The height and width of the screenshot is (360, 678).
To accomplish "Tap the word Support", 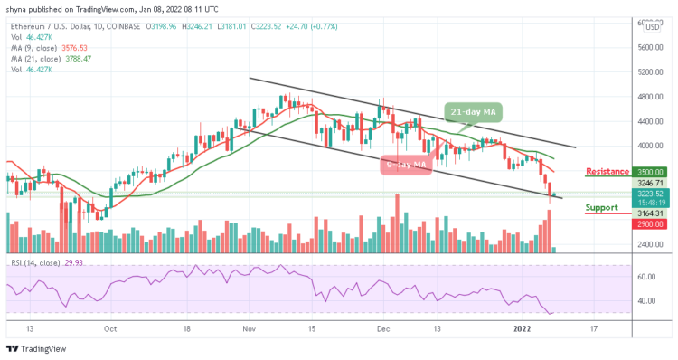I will click(602, 207).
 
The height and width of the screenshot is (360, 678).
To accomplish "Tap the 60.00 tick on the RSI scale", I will click(650, 277).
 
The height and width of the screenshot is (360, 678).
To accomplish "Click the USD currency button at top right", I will click(651, 26).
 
